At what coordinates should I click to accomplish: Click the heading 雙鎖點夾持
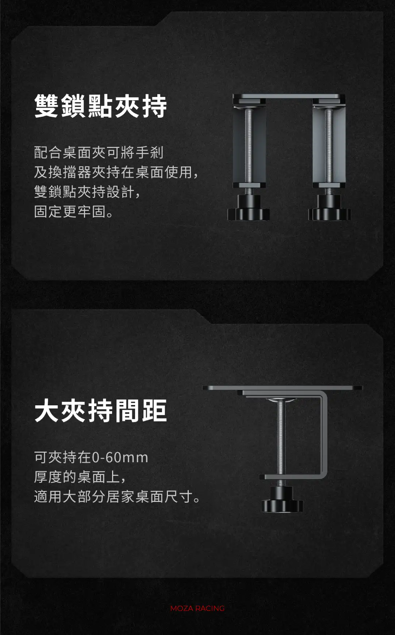101,106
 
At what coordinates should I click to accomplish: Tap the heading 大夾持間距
101,410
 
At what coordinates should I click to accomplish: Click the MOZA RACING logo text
197,608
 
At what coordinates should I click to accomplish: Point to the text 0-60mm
120,457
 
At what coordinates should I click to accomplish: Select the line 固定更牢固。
74,211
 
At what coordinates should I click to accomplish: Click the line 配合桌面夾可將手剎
99,152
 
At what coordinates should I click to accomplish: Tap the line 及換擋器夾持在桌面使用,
116,172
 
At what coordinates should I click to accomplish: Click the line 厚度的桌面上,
80,477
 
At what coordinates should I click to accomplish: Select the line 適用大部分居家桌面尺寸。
117,496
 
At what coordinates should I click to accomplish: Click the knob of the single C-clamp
282,499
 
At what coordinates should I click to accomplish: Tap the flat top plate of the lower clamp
283,388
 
